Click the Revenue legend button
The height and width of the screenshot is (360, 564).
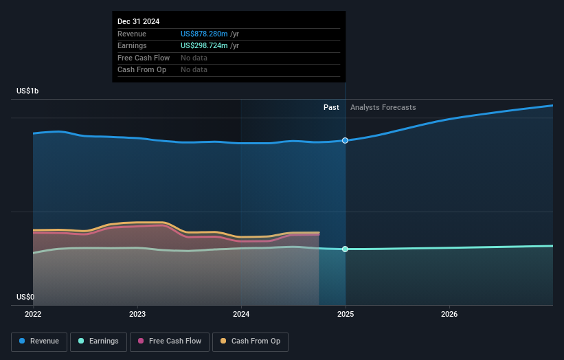39,341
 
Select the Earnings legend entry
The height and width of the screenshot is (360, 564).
98,341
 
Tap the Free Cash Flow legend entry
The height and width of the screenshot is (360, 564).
170,341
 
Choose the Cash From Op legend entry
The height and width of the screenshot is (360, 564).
250,341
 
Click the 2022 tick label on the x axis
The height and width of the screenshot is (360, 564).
33,314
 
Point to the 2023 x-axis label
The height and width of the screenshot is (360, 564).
137,314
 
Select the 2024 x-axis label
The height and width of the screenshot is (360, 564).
241,314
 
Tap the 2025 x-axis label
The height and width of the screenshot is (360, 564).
346,314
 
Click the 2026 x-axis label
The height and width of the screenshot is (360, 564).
449,314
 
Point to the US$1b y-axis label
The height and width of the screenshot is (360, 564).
27,91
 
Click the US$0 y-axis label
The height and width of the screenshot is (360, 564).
25,297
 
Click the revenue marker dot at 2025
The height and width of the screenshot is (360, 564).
345,141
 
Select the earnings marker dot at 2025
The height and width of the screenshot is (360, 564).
345,249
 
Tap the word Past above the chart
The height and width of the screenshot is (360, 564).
331,107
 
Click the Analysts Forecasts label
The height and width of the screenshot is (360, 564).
383,107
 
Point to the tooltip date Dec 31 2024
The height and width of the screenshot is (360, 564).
139,21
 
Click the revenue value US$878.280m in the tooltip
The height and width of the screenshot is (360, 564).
204,34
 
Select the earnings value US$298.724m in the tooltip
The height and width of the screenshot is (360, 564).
204,45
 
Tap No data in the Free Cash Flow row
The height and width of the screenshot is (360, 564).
194,58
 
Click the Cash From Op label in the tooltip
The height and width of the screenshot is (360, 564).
142,70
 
